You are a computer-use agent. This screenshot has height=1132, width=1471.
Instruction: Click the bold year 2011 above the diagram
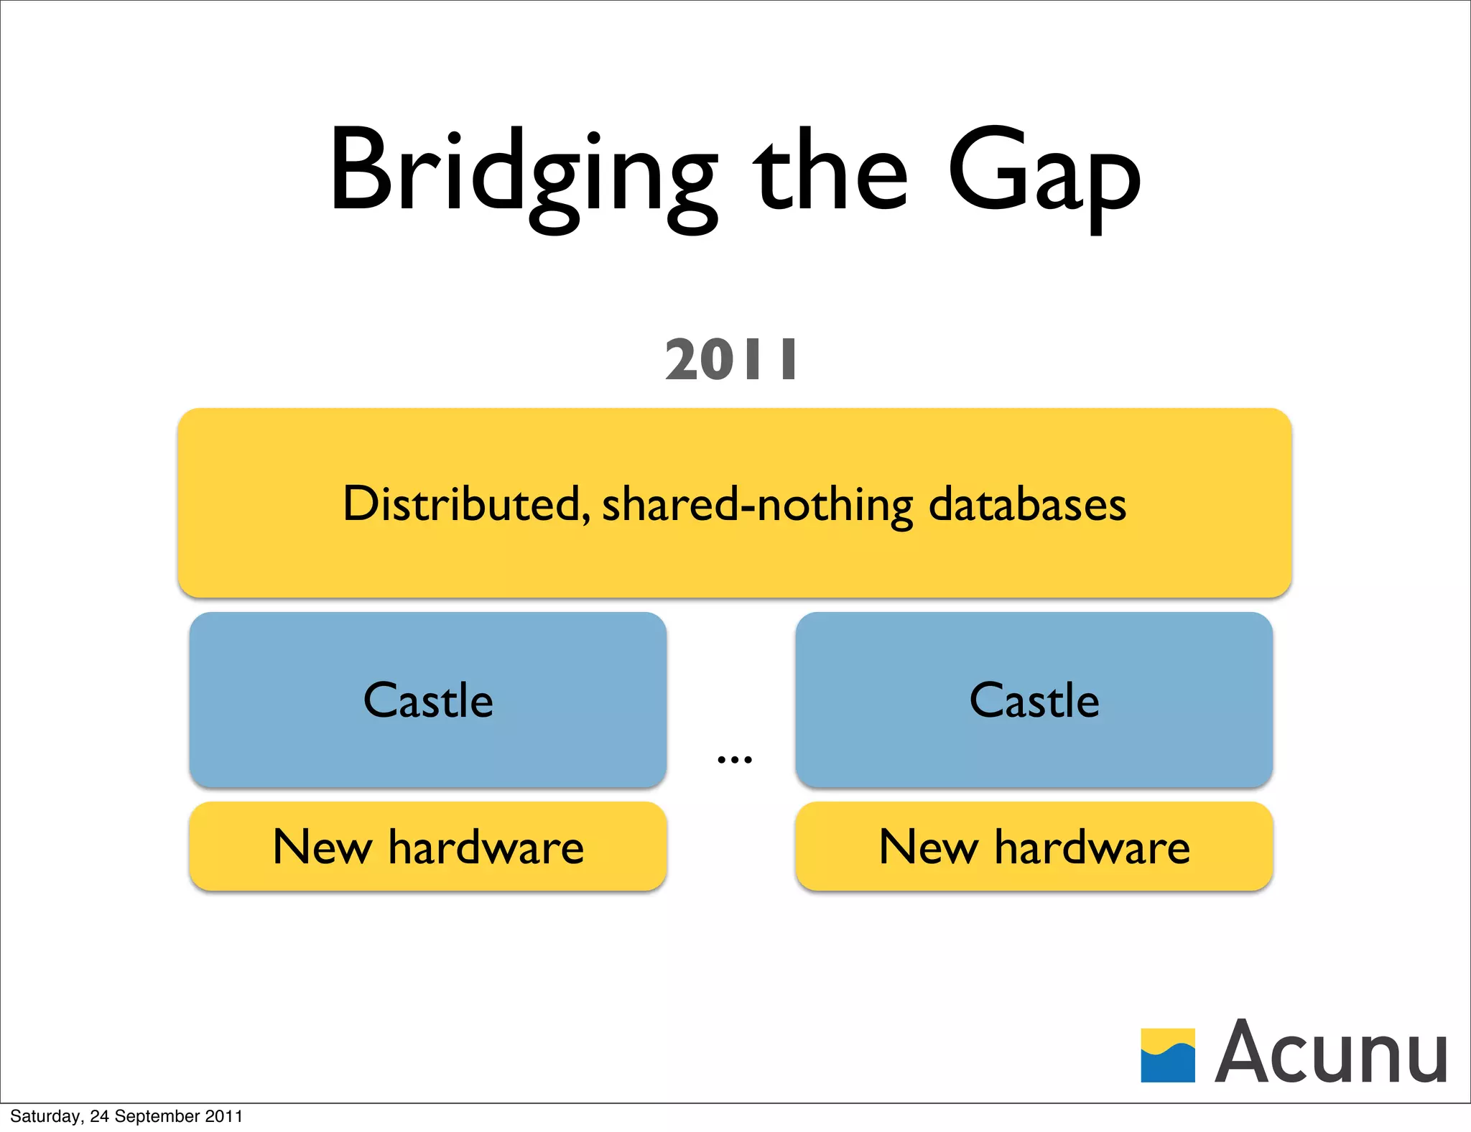point(731,360)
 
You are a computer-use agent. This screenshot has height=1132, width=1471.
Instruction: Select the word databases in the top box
point(1027,504)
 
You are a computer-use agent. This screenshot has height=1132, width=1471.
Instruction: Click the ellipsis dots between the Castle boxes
point(734,759)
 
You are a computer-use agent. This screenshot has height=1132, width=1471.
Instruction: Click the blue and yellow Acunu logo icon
point(1168,1055)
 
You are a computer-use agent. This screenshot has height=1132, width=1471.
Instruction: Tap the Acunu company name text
point(1330,1052)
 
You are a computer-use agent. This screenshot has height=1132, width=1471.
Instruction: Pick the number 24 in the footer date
point(99,1116)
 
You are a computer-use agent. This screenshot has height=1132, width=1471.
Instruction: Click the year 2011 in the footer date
point(224,1116)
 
